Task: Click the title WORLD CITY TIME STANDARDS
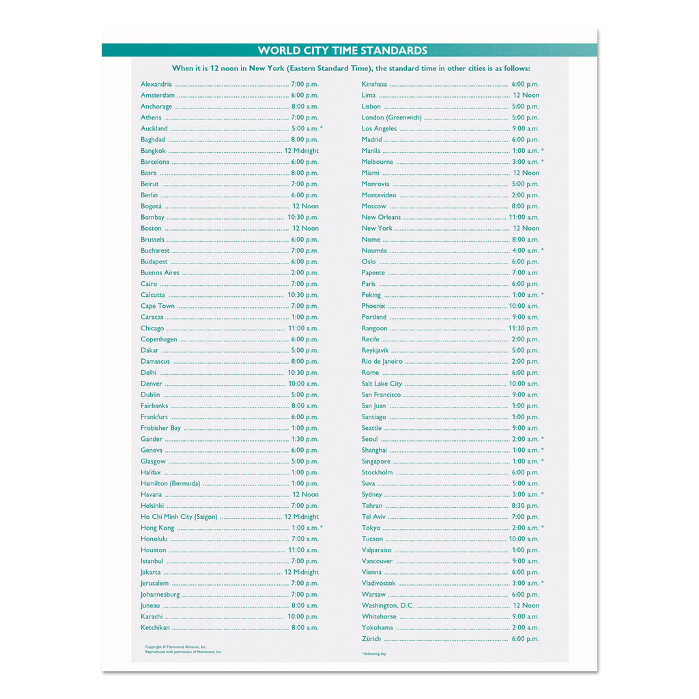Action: (343, 51)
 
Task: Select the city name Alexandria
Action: (156, 84)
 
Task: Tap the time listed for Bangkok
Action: (302, 151)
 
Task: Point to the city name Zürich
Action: (371, 639)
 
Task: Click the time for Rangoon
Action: (524, 328)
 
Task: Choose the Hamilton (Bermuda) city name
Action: (171, 483)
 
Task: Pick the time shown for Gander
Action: (305, 439)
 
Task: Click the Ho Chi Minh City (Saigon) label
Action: (179, 517)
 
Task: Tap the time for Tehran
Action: (526, 506)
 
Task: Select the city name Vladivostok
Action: (378, 583)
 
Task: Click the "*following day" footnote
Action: (373, 654)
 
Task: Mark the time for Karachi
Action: (303, 616)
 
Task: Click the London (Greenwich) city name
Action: (392, 117)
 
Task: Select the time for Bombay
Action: (303, 217)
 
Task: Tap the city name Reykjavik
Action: (375, 350)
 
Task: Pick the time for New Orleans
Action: (524, 217)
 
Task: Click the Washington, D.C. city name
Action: (388, 605)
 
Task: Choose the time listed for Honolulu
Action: (305, 539)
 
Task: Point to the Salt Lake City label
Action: (382, 384)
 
